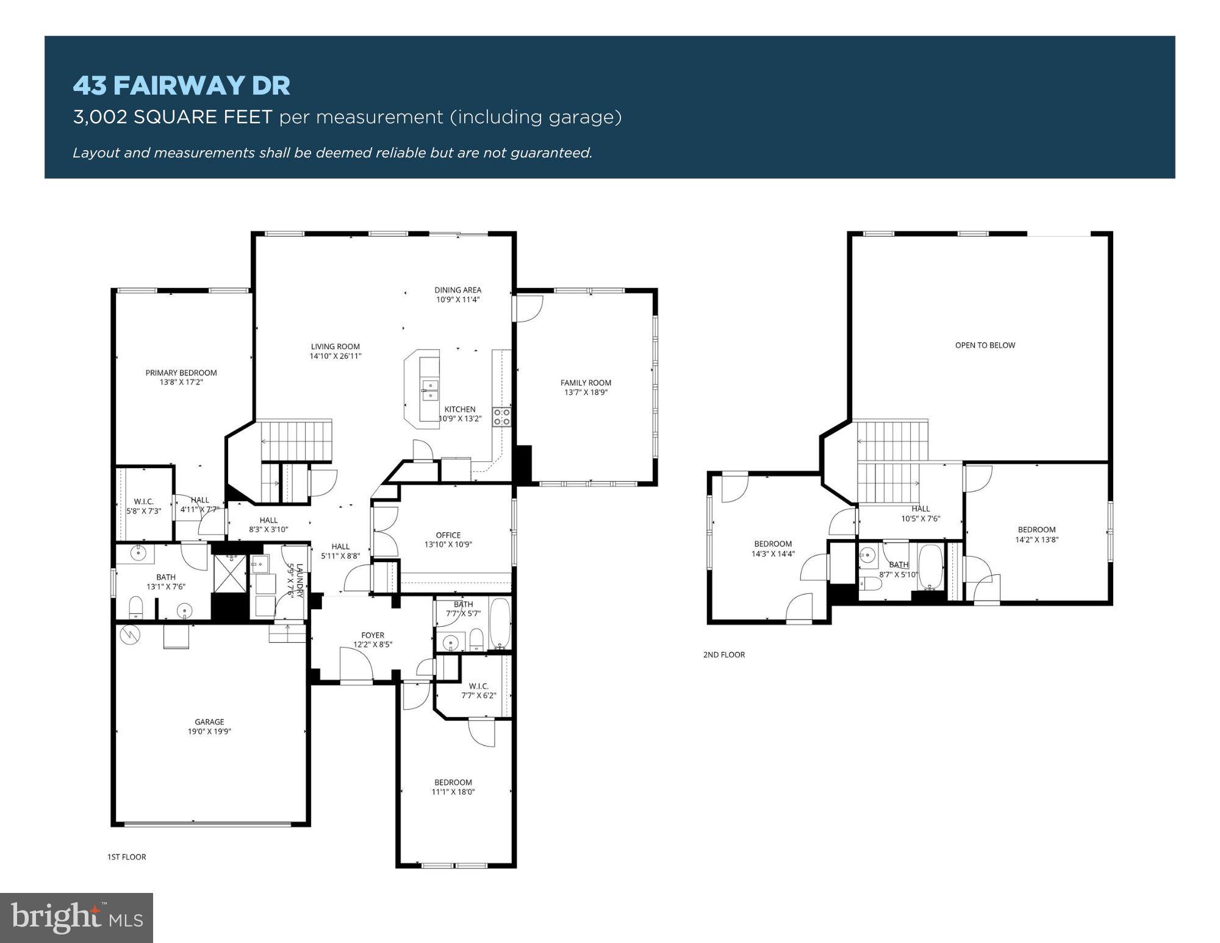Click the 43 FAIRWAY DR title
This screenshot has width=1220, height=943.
coord(181,85)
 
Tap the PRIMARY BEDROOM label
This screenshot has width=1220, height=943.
coord(181,373)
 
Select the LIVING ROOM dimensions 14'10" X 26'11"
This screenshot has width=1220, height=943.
coord(335,356)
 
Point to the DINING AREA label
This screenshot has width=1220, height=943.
coord(457,290)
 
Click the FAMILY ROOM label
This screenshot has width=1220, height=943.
coord(586,383)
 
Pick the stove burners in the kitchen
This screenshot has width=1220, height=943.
coord(501,417)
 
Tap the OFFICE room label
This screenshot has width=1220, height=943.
coord(448,535)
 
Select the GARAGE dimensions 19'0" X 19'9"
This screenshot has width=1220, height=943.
coord(209,731)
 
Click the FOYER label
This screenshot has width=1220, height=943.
coord(373,635)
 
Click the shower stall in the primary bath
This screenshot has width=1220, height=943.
coord(230,573)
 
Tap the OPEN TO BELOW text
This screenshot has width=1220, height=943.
coord(985,345)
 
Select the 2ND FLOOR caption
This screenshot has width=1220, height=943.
coord(724,655)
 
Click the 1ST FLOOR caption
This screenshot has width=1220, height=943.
coord(126,857)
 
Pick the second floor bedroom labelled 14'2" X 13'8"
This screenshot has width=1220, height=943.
coord(1036,535)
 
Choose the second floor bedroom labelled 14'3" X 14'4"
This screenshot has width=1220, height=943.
coord(773,549)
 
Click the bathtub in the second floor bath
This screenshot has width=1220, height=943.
coord(930,568)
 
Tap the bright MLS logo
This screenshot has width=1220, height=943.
coord(76,917)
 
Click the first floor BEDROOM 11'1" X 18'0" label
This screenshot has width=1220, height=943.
coord(453,787)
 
